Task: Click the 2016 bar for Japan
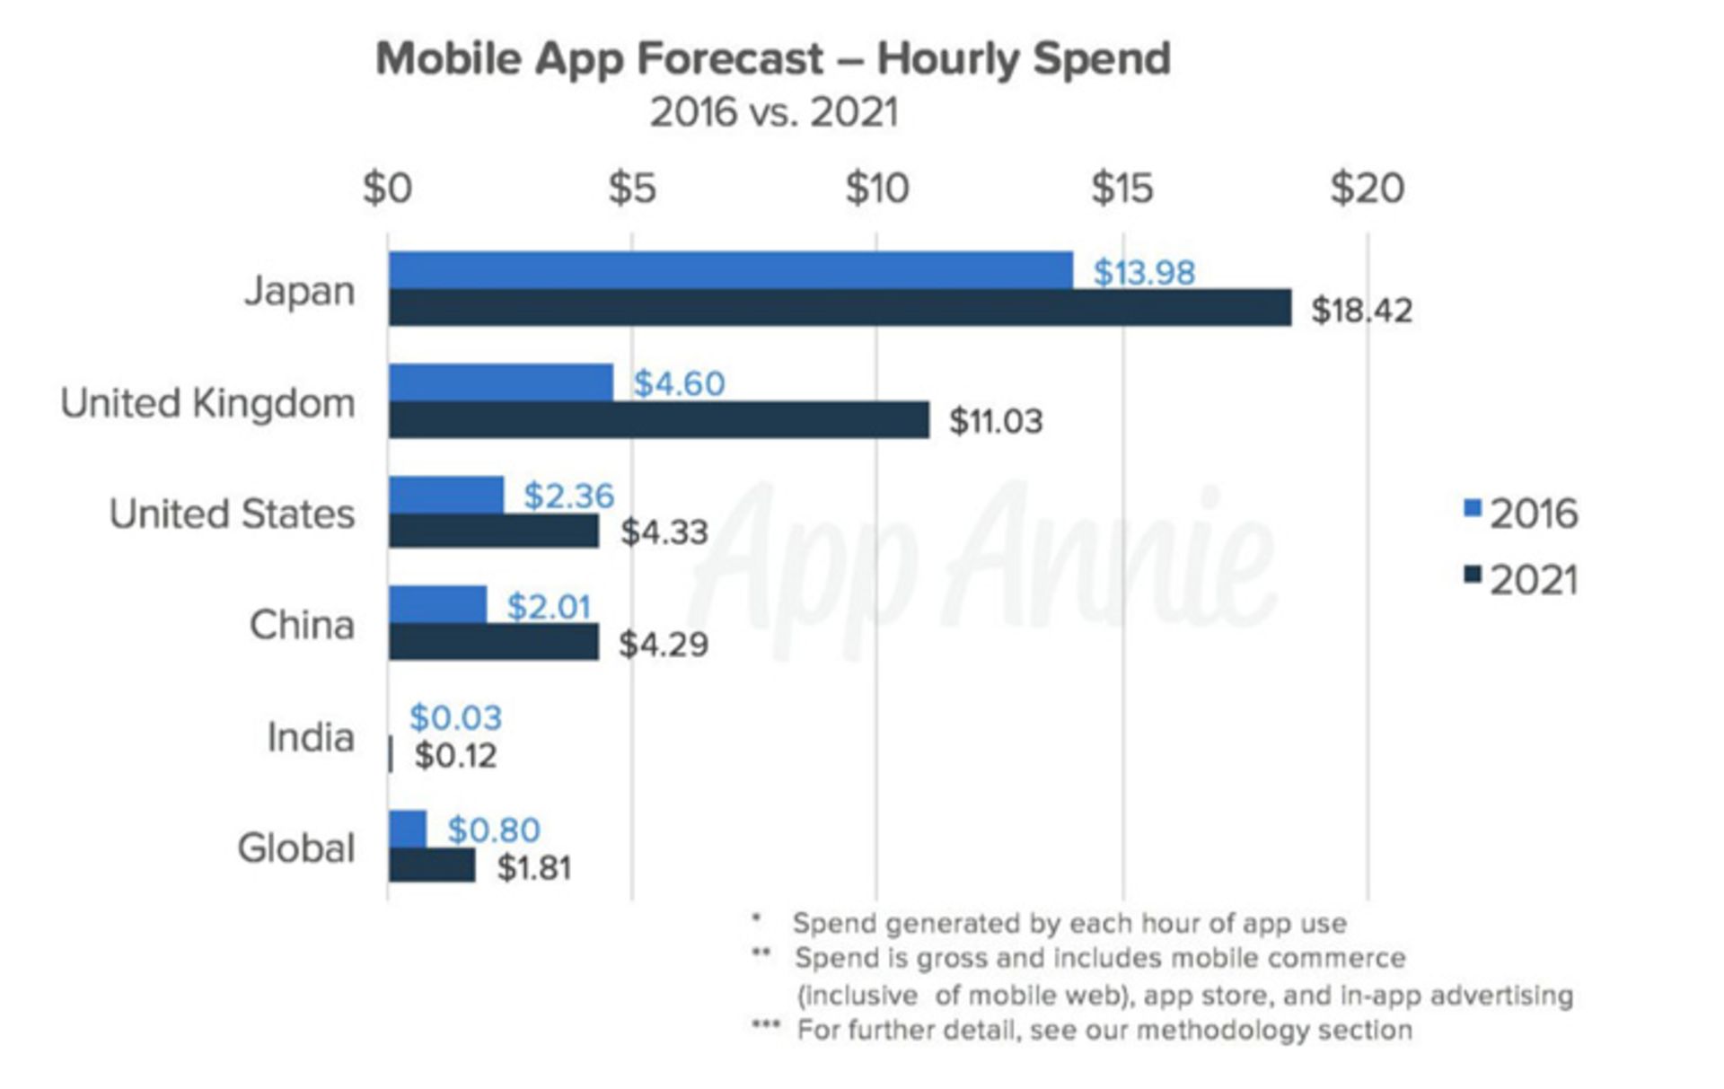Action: tap(730, 270)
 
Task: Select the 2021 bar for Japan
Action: tap(840, 308)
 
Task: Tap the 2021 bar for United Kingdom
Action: tap(658, 420)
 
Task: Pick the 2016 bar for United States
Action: tap(446, 495)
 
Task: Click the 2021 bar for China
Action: tap(493, 643)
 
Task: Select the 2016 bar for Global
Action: tap(408, 829)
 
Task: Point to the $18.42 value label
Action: tap(1361, 311)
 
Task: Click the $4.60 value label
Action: tap(679, 383)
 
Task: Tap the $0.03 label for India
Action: tap(455, 717)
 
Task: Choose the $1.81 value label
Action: tap(533, 868)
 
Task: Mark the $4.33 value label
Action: tap(664, 532)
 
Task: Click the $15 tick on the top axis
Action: tap(1121, 189)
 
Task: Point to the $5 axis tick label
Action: tap(632, 189)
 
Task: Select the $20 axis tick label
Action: tap(1367, 189)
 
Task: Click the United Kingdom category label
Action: tap(207, 403)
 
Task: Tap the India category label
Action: tap(311, 738)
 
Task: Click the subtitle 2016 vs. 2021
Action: tap(773, 113)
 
